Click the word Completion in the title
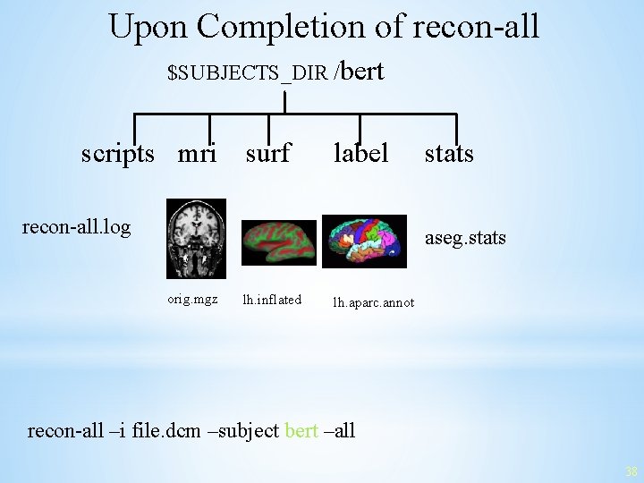click(301, 27)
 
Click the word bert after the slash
click(362, 71)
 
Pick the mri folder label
click(197, 154)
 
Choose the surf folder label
click(268, 154)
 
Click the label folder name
click(360, 154)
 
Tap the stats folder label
click(449, 154)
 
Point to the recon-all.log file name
click(76, 227)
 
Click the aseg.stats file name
click(465, 238)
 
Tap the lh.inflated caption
click(272, 299)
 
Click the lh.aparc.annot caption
click(374, 302)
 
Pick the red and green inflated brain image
click(280, 241)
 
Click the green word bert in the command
click(301, 430)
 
